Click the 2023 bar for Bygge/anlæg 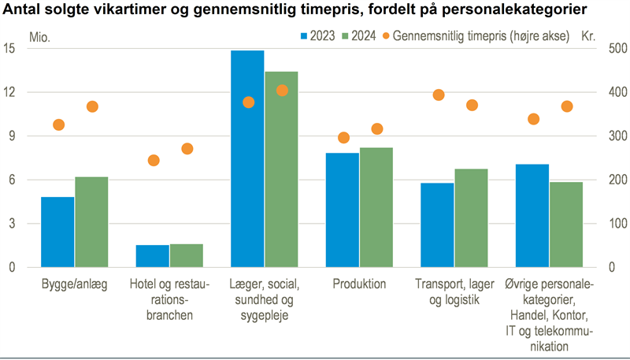pyautogui.click(x=57, y=232)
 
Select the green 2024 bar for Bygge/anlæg pyautogui.click(x=91, y=222)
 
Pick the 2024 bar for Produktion pyautogui.click(x=376, y=208)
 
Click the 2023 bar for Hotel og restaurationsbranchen pyautogui.click(x=153, y=256)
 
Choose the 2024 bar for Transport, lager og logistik pyautogui.click(x=472, y=218)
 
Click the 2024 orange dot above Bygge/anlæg pyautogui.click(x=92, y=107)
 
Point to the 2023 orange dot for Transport pyautogui.click(x=439, y=95)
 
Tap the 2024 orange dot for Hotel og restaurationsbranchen pyautogui.click(x=187, y=149)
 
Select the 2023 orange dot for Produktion pyautogui.click(x=343, y=138)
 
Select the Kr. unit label pyautogui.click(x=588, y=36)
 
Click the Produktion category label pyautogui.click(x=359, y=284)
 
